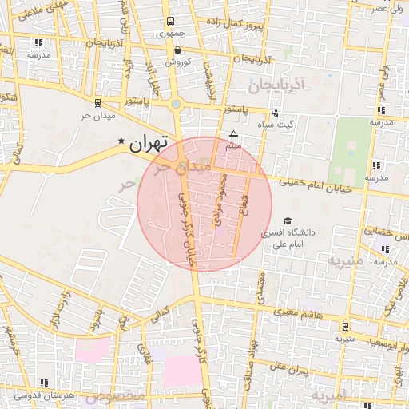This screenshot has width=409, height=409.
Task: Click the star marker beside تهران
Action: tap(121, 142)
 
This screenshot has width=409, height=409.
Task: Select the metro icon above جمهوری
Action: tap(169, 22)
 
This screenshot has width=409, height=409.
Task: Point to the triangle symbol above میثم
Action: tap(233, 133)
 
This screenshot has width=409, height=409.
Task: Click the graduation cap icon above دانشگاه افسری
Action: tap(288, 221)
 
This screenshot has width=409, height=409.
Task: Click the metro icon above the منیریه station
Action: tap(345, 326)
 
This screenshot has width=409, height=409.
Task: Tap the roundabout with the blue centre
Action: tap(176, 103)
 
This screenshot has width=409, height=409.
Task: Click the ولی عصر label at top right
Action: tap(390, 7)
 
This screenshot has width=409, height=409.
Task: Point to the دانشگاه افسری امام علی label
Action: tap(296, 237)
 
